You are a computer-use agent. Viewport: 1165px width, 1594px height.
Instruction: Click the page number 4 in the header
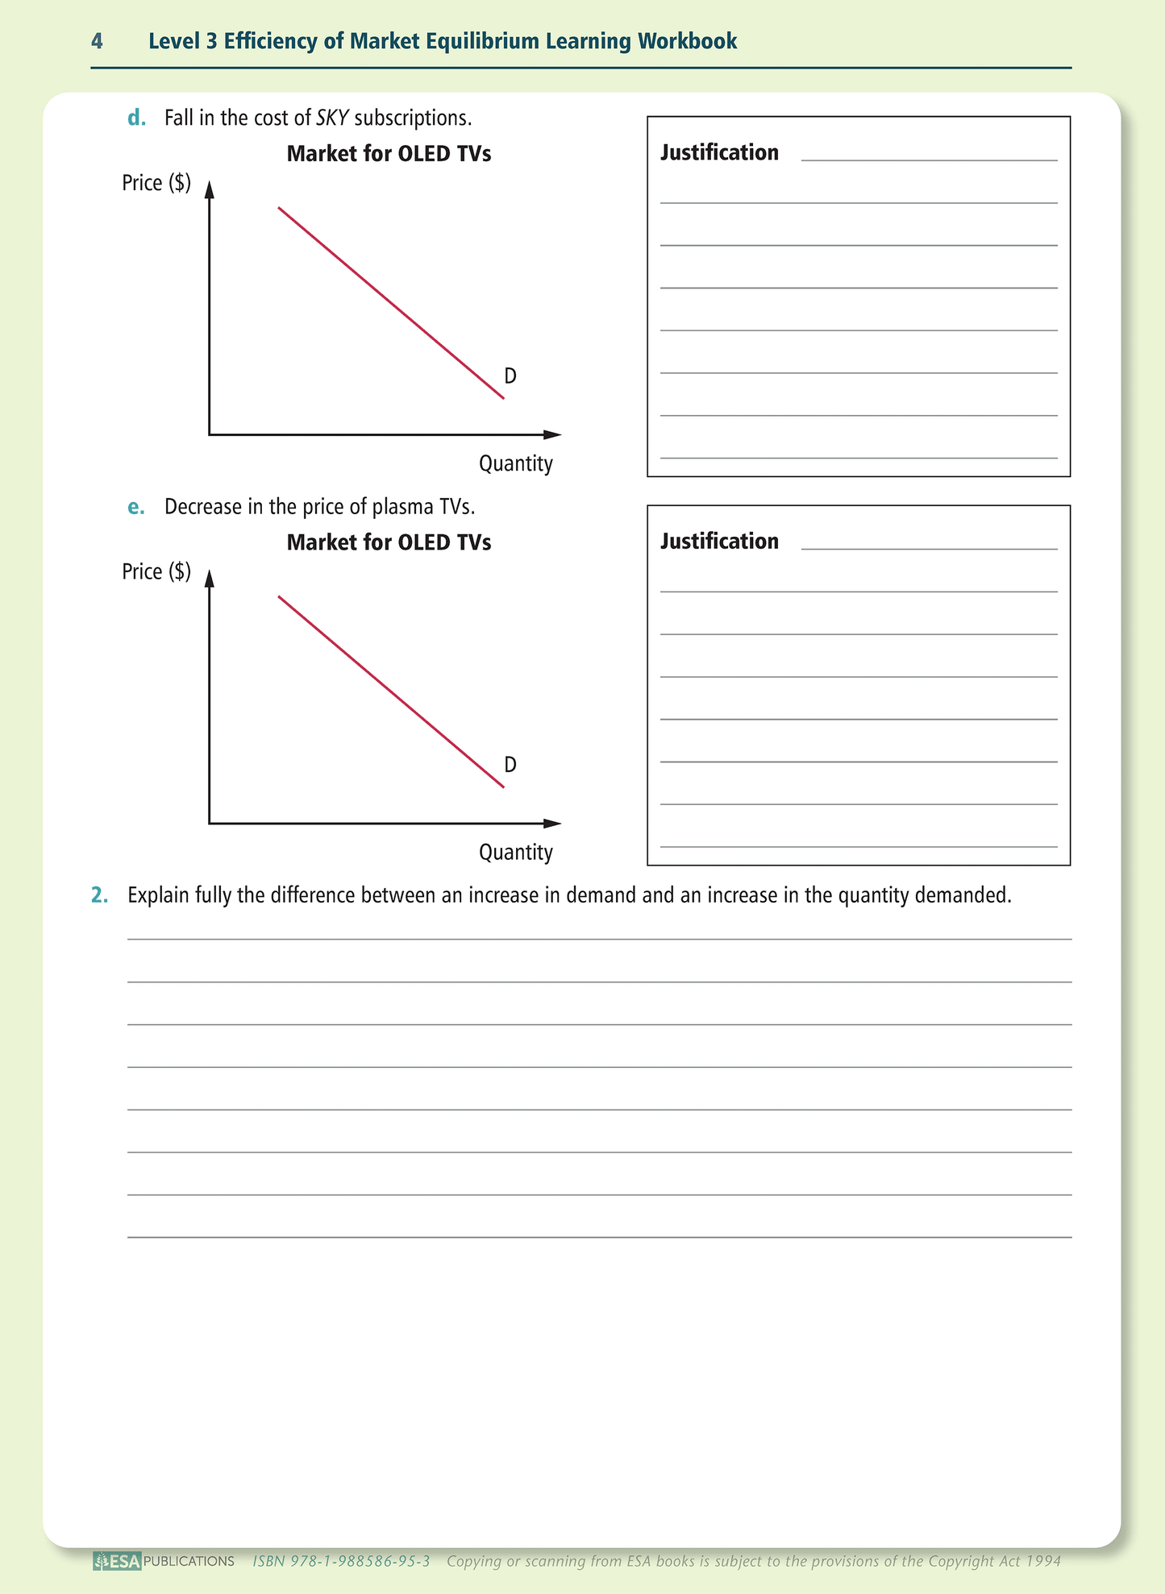[x=97, y=41]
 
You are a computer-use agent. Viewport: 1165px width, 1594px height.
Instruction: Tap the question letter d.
[x=137, y=118]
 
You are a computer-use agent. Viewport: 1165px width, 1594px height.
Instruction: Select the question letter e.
[x=136, y=507]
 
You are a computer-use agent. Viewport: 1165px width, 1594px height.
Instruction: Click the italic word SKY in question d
[x=332, y=118]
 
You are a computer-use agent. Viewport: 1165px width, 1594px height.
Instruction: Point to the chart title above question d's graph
[x=389, y=153]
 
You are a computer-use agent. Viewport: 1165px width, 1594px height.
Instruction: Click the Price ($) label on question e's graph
[x=156, y=571]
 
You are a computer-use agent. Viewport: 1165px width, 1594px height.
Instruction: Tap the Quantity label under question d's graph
[x=516, y=463]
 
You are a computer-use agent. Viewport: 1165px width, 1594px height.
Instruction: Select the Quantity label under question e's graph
[x=516, y=852]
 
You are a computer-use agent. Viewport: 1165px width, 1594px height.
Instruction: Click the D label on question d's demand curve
[x=510, y=376]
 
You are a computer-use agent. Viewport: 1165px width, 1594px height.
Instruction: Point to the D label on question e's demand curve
[x=510, y=764]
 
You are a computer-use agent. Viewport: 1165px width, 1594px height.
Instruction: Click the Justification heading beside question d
[x=719, y=152]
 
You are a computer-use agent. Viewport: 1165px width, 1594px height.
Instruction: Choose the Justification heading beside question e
[x=719, y=541]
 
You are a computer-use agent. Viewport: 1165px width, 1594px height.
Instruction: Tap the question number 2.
[x=99, y=895]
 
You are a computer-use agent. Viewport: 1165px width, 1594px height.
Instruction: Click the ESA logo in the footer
[x=118, y=1561]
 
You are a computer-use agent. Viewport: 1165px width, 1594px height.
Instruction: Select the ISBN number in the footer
[x=342, y=1561]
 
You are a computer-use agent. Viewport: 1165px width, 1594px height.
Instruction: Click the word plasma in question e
[x=396, y=507]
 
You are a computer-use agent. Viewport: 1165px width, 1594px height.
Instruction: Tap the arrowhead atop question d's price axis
[x=210, y=189]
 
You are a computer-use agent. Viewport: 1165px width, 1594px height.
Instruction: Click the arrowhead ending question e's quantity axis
[x=553, y=824]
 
